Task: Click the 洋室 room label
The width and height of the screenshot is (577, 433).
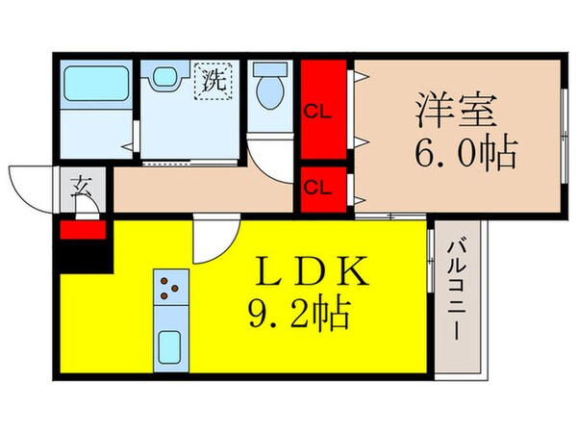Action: (458, 108)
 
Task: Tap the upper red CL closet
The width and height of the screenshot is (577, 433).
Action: (322, 108)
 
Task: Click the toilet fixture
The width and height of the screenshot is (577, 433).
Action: (268, 89)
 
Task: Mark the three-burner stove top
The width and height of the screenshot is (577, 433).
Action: (169, 287)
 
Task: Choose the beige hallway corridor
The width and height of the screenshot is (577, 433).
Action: (202, 191)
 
